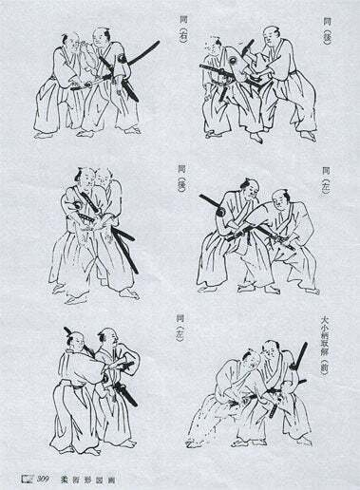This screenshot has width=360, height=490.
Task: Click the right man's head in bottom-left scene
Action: (107, 337)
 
